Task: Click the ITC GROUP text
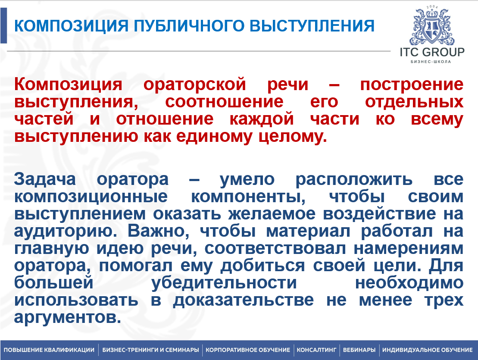point(432,52)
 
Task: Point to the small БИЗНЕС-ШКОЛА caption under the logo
point(431,62)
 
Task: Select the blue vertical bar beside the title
point(3,25)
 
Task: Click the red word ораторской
point(194,85)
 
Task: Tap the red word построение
point(412,85)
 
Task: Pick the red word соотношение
point(224,102)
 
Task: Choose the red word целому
point(293,137)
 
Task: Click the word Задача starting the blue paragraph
point(45,179)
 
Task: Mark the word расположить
point(354,180)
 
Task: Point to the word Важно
point(159,231)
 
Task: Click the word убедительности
point(224,283)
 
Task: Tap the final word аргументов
point(67,318)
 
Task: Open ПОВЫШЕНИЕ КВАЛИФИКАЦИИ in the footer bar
point(49,350)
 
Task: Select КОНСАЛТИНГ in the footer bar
point(316,350)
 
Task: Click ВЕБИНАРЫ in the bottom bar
point(359,350)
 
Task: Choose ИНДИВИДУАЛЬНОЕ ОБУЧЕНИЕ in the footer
point(428,350)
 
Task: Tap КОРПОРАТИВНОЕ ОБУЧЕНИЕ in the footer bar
point(248,350)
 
